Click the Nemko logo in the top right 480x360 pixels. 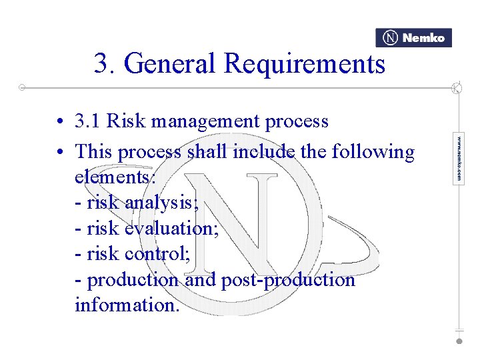[x=414, y=38]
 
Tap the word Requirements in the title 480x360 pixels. [x=305, y=64]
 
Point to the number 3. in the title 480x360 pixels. [x=105, y=64]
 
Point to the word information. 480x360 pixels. [x=127, y=305]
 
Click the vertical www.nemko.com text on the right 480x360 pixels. [x=459, y=159]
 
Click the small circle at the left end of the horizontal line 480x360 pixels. [x=22, y=87]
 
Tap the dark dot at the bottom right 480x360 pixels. [x=459, y=341]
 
